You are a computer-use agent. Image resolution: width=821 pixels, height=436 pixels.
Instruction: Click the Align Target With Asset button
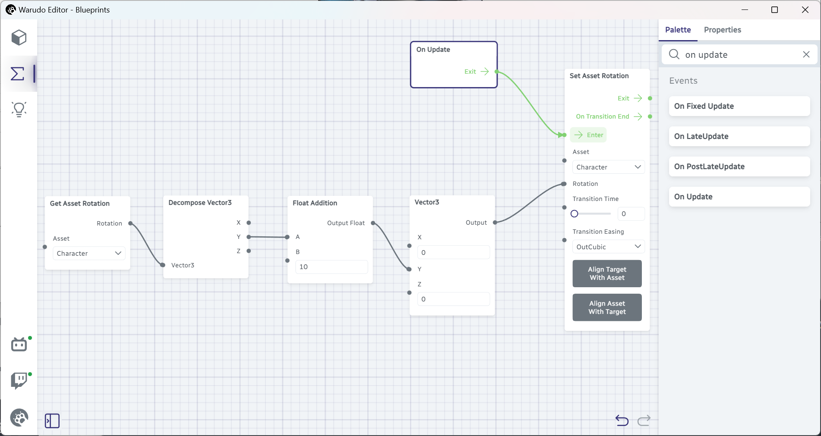coord(607,273)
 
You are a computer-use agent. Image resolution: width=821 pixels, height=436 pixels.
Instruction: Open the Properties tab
coord(722,30)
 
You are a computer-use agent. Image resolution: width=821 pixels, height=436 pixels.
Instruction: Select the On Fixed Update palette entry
coord(739,106)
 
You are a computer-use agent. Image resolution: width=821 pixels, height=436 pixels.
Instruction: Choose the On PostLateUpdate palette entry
coord(739,166)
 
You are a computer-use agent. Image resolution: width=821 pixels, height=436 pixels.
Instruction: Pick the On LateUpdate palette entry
coord(739,136)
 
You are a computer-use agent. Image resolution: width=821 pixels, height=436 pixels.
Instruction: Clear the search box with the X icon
coord(806,54)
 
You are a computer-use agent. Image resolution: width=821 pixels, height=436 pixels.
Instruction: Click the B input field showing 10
coord(332,267)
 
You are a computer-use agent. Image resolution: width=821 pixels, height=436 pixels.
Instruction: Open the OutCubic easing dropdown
coord(608,247)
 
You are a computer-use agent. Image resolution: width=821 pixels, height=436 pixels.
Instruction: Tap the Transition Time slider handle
coord(574,214)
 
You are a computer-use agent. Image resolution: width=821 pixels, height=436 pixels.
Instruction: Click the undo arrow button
coord(622,420)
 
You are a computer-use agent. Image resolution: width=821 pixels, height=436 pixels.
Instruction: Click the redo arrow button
coord(644,420)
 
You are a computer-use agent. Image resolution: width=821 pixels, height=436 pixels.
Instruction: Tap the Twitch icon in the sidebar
coord(19,381)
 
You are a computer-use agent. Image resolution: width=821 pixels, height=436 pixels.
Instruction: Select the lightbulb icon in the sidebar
coord(19,110)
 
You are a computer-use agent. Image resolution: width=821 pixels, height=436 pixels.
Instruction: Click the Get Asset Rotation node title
coord(80,204)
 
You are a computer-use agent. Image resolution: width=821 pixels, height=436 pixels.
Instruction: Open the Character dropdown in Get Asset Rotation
coord(89,253)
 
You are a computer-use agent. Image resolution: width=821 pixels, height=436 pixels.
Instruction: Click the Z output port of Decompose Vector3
coord(249,251)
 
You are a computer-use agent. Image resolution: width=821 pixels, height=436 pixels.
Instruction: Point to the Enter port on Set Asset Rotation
coord(564,135)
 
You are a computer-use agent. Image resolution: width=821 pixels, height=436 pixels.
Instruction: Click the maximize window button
coord(774,10)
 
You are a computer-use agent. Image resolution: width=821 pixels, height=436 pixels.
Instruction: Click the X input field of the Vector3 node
coord(453,252)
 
